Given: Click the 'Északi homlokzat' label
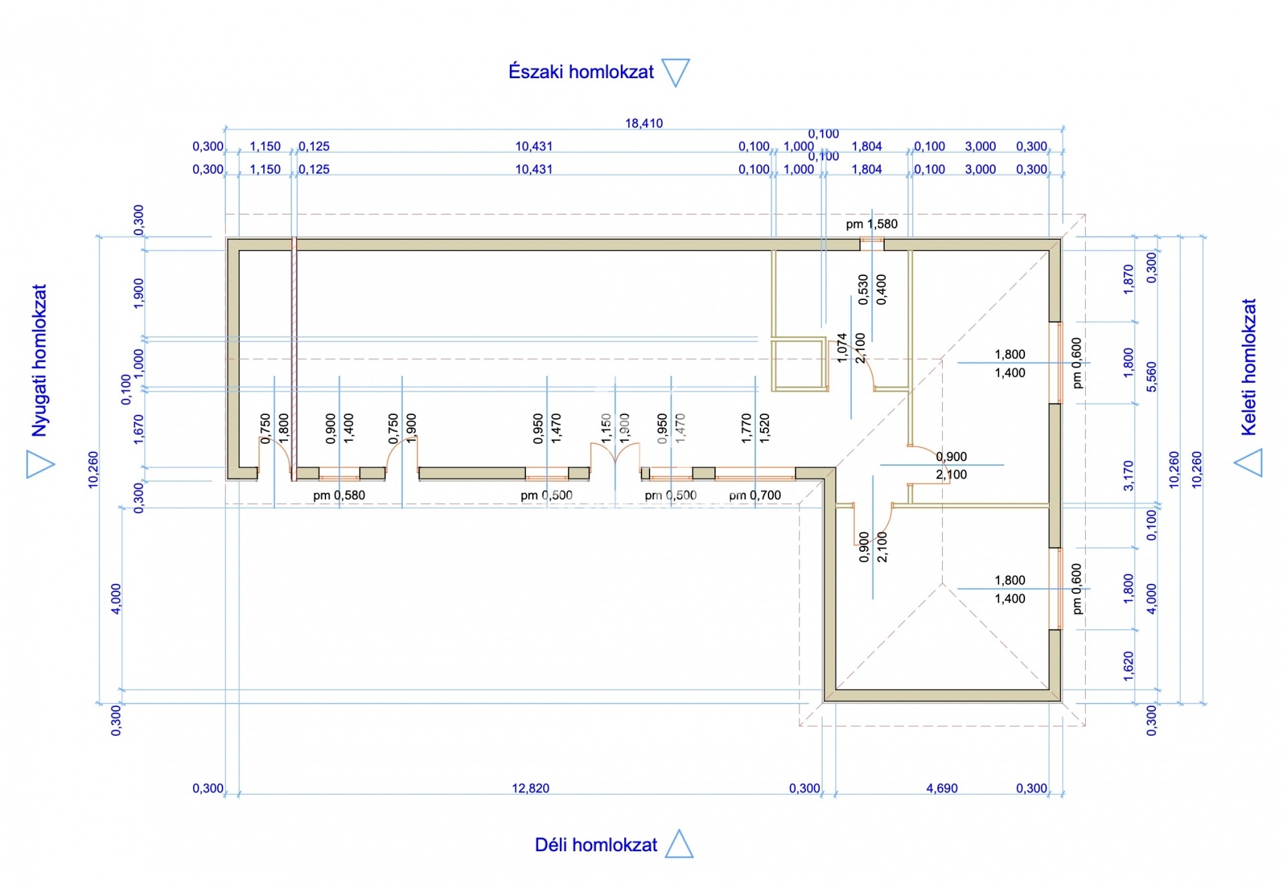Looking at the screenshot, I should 581,72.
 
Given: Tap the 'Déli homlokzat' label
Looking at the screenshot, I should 595,845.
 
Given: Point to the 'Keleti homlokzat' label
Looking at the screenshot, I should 1248,367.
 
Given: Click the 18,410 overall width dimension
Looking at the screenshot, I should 644,124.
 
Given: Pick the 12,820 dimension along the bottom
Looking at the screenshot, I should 531,788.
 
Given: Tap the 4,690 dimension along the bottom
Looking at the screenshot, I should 942,788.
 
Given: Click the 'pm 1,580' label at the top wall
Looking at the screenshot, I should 871,225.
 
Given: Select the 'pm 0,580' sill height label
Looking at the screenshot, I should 339,496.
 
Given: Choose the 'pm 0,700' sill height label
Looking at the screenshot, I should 754,496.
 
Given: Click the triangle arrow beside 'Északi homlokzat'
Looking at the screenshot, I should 676,71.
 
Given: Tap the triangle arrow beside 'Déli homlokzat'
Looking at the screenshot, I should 680,845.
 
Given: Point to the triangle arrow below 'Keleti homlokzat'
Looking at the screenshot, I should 1249,462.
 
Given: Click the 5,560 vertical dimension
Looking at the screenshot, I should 1151,377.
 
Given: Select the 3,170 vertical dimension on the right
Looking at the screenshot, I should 1129,476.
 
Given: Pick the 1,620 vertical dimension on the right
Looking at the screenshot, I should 1129,666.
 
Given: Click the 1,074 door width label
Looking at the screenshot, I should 842,348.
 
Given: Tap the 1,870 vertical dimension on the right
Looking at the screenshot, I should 1129,279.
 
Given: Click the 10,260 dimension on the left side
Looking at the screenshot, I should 94,470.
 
